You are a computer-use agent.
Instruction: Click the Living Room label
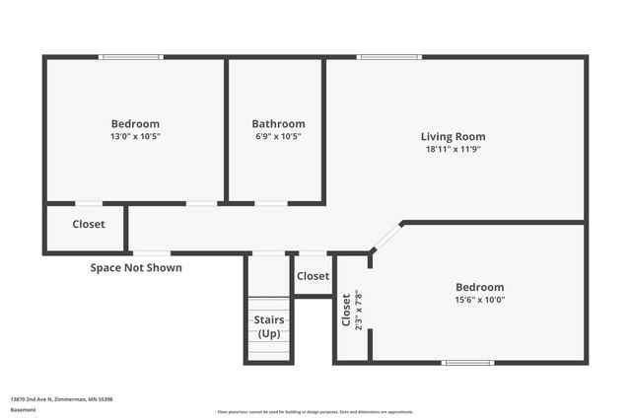click(453, 137)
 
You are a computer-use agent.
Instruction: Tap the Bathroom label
click(278, 124)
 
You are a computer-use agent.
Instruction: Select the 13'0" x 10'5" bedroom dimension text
click(135, 137)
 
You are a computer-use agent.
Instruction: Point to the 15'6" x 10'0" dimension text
click(480, 300)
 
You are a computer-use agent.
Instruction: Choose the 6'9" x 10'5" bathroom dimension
click(278, 137)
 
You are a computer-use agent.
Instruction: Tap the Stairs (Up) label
click(269, 326)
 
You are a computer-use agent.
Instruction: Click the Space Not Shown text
click(136, 267)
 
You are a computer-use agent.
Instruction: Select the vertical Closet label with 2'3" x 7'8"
click(352, 310)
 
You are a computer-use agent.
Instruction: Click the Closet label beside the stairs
click(313, 276)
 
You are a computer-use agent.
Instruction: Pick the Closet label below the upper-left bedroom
click(89, 224)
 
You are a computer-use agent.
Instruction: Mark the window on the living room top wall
click(389, 57)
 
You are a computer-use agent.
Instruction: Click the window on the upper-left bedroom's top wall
click(131, 57)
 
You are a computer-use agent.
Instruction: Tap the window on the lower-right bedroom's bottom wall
click(467, 363)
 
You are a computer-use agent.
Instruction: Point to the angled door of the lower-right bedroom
click(386, 238)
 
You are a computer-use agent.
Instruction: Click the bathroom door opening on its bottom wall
click(270, 203)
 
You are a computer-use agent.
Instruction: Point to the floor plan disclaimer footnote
click(315, 411)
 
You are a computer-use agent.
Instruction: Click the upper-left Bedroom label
click(135, 124)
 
